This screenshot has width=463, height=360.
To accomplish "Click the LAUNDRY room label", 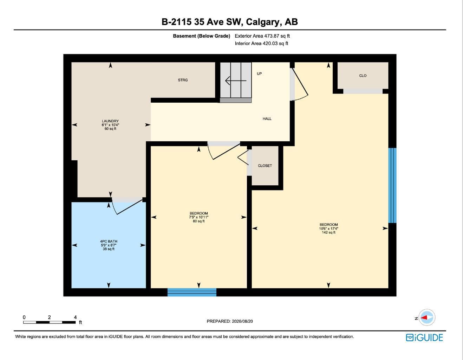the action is pyautogui.click(x=110, y=121).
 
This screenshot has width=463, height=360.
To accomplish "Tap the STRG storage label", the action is pyautogui.click(x=183, y=80).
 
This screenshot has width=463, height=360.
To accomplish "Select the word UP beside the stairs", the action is pyautogui.click(x=259, y=73).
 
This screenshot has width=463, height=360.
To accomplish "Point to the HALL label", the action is pyautogui.click(x=267, y=118).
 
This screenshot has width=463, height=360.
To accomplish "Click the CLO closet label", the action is pyautogui.click(x=363, y=76).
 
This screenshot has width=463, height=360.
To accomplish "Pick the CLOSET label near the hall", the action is pyautogui.click(x=265, y=166).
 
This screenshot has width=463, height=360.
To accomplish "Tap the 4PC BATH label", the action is pyautogui.click(x=109, y=241).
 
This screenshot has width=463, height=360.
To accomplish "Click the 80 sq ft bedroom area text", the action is pyautogui.click(x=198, y=221).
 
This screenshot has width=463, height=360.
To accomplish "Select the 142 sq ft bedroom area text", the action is pyautogui.click(x=328, y=232).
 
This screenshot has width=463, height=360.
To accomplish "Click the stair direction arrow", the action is pyautogui.click(x=236, y=81).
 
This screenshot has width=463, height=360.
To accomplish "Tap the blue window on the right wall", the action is pyautogui.click(x=392, y=185).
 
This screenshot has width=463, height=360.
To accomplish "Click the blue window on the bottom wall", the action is pyautogui.click(x=192, y=292).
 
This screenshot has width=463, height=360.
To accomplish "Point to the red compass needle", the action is pyautogui.click(x=424, y=317).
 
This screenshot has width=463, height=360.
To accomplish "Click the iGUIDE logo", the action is pyautogui.click(x=424, y=337).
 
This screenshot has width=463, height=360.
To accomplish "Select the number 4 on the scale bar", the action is pyautogui.click(x=75, y=317).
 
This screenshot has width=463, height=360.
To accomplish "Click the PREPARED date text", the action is pyautogui.click(x=230, y=321).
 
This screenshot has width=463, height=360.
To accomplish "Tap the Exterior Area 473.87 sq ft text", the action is pyautogui.click(x=262, y=36).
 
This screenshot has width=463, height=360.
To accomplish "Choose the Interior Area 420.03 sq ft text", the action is pyautogui.click(x=261, y=44).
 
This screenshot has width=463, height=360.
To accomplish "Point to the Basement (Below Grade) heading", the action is pyautogui.click(x=201, y=36).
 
